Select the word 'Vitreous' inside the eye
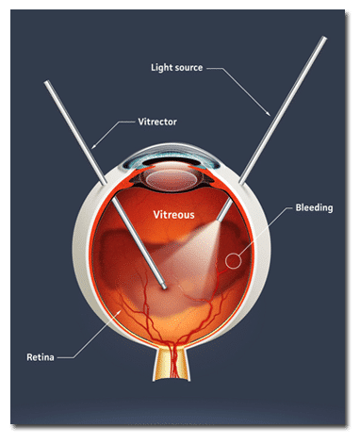(x=174, y=215)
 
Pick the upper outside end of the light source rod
(x=323, y=40)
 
